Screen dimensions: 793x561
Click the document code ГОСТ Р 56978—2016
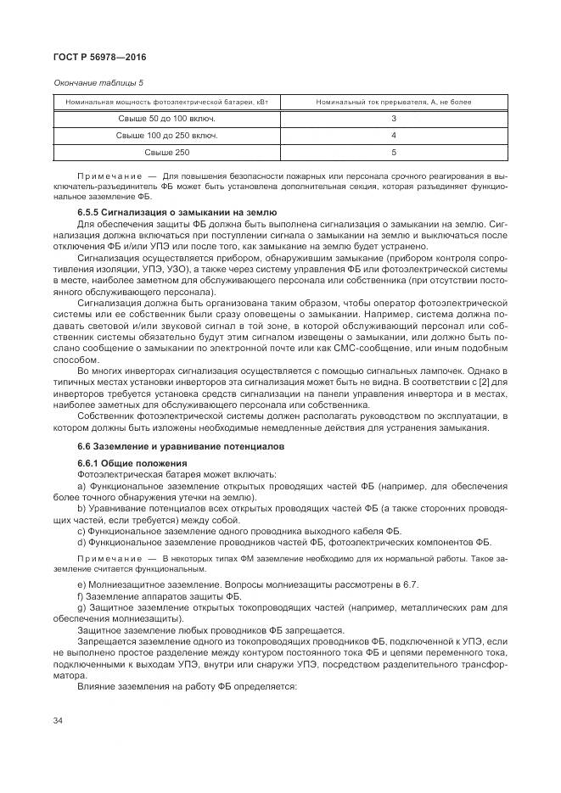(99, 59)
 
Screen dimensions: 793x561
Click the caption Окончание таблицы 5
(98, 82)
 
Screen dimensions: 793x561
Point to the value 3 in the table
(394, 119)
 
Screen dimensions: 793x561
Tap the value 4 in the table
(394, 136)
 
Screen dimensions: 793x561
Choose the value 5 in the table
(394, 153)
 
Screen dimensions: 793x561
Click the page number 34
(58, 721)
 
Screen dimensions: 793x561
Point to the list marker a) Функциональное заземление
(81, 486)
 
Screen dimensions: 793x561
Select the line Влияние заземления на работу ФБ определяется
(186, 685)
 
